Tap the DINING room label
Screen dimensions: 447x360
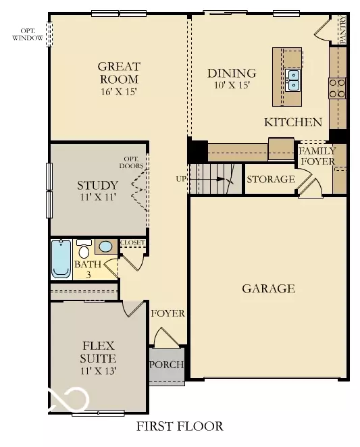232,73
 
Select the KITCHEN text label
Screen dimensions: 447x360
292,122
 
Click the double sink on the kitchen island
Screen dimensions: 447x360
293,80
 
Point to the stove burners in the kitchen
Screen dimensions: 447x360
336,88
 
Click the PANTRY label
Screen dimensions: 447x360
342,31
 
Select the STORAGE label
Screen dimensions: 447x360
270,179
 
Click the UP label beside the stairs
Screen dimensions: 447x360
181,179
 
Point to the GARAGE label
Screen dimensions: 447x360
268,289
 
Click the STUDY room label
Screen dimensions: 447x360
98,185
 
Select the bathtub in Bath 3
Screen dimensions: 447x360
61,259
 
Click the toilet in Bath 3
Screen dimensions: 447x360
84,246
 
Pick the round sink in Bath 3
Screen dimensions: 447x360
105,247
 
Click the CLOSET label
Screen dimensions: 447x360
132,242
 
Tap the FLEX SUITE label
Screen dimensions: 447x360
98,352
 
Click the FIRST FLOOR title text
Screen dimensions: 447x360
179,427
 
